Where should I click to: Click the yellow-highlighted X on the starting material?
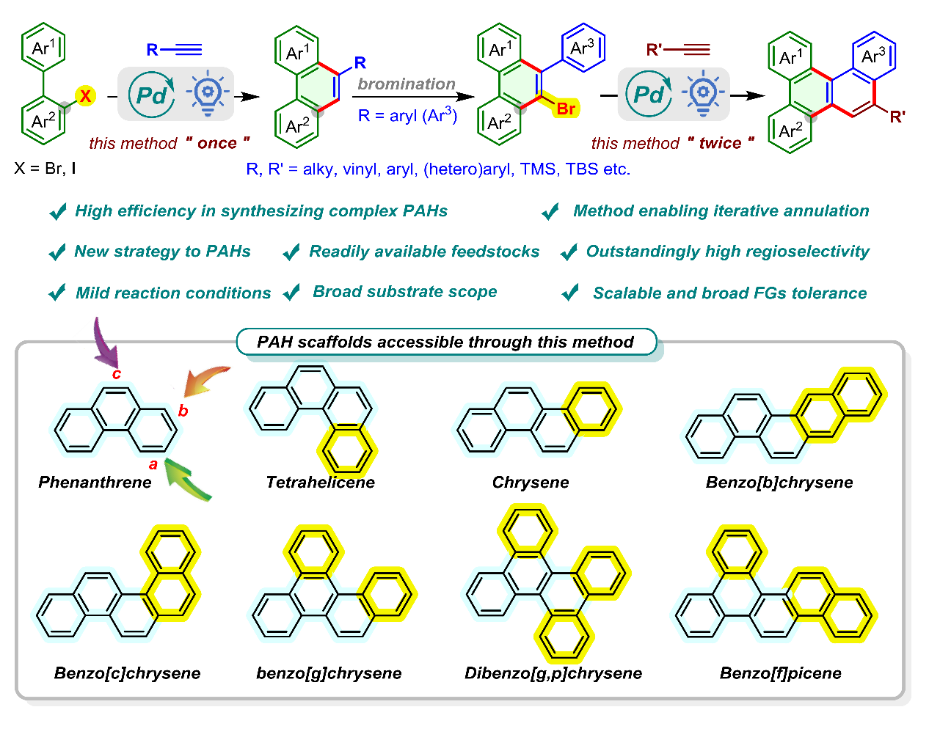pyautogui.click(x=86, y=95)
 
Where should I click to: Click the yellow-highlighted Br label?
pyautogui.click(x=566, y=109)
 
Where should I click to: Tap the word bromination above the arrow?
pyautogui.click(x=407, y=84)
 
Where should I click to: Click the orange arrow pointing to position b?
pyautogui.click(x=205, y=379)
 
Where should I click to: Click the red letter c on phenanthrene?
pyautogui.click(x=116, y=375)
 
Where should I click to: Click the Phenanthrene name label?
pyautogui.click(x=95, y=482)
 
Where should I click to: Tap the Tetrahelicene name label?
pyautogui.click(x=320, y=482)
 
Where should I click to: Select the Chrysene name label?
pyautogui.click(x=530, y=482)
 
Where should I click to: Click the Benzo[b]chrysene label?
pyautogui.click(x=779, y=482)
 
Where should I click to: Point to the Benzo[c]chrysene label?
pyautogui.click(x=127, y=673)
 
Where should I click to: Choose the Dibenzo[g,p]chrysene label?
pyautogui.click(x=553, y=673)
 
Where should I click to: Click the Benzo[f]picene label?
pyautogui.click(x=780, y=673)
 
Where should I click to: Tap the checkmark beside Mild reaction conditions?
pyautogui.click(x=57, y=293)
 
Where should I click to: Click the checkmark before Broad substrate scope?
pyautogui.click(x=292, y=292)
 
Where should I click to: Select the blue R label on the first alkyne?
pyautogui.click(x=152, y=50)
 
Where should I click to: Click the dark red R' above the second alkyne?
pyautogui.click(x=654, y=50)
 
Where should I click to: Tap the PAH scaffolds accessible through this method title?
pyautogui.click(x=445, y=342)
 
